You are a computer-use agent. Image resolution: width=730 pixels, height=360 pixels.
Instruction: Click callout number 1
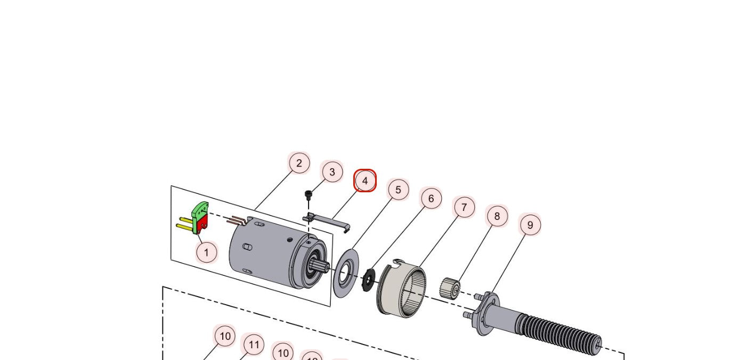(206, 251)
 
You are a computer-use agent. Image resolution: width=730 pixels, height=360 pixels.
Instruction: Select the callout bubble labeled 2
(299, 163)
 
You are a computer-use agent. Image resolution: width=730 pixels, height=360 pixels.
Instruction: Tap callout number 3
(332, 172)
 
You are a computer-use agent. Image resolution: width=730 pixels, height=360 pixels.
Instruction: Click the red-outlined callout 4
(365, 181)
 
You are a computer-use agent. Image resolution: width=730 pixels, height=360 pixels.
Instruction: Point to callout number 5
(398, 190)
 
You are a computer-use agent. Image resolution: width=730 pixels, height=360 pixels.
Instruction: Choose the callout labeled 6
(431, 199)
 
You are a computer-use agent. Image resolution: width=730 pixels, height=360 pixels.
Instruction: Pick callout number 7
(464, 207)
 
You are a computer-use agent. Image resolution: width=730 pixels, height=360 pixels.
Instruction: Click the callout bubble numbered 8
(497, 216)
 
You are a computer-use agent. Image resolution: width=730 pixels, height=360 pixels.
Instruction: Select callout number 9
(530, 225)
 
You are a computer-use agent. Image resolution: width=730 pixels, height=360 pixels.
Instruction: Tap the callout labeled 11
(254, 345)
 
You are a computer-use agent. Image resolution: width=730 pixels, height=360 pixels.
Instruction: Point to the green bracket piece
(200, 211)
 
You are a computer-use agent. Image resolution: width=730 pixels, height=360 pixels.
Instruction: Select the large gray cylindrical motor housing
(261, 250)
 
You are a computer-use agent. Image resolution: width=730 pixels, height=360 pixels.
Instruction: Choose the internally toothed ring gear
(403, 290)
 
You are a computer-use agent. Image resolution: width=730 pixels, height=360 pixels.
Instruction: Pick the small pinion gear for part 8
(449, 288)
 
